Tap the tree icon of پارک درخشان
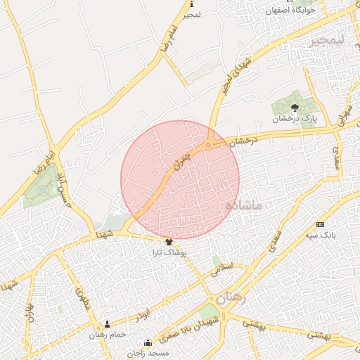[295, 108]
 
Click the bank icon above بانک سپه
[321, 224]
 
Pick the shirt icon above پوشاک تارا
[168, 241]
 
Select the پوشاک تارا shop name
[170, 251]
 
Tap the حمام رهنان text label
[107, 334]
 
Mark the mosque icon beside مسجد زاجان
[147, 344]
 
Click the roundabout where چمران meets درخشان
[209, 145]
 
